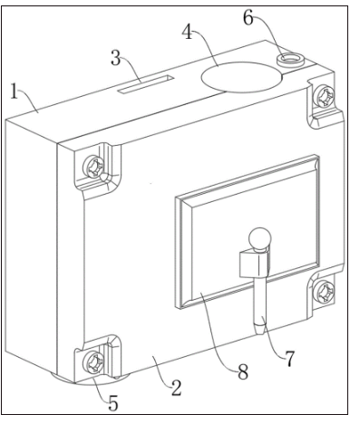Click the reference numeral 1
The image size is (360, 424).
point(14,91)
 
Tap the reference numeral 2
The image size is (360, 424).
point(176,388)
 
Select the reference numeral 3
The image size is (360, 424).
point(115,58)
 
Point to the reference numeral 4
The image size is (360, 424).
point(188,32)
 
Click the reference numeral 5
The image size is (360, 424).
point(113,403)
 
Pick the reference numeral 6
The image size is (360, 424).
point(248,18)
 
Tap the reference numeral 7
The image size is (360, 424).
point(289,359)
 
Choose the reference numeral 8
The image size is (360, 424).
point(243,371)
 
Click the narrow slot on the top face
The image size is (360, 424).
point(146,84)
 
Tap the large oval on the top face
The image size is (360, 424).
point(242,77)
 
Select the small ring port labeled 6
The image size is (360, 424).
point(290,59)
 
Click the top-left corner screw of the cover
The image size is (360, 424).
point(94,167)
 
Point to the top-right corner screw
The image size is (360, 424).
point(324,96)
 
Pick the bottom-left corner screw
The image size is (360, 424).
point(94,362)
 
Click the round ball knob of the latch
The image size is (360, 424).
point(259,239)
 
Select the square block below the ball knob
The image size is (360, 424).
point(254,264)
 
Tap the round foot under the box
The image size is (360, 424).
point(91,381)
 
